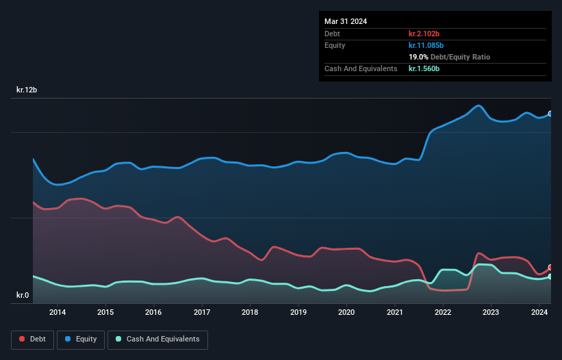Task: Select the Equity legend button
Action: (x=81, y=339)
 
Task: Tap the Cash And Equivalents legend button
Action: (x=157, y=339)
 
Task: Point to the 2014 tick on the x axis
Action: (x=58, y=313)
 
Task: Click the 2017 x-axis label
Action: (x=202, y=313)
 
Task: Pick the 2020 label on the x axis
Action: (x=346, y=313)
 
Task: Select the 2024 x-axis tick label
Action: (x=539, y=313)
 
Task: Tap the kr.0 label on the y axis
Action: (x=23, y=296)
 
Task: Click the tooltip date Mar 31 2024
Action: (x=346, y=21)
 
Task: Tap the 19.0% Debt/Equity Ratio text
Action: (x=449, y=57)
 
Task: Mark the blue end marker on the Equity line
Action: (x=550, y=114)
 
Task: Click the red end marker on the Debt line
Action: (x=550, y=268)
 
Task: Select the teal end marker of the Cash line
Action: (x=550, y=277)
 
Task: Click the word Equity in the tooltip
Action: (x=335, y=45)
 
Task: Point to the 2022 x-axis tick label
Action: (x=443, y=313)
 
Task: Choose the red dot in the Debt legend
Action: (x=23, y=339)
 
